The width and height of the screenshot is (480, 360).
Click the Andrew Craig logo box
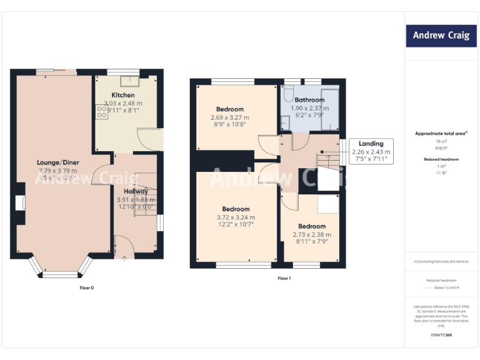pos(441,36)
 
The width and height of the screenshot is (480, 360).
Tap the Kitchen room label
pos(122,95)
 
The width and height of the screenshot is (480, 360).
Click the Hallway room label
pos(135,191)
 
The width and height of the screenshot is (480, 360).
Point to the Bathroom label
pos(309,100)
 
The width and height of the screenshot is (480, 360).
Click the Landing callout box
pos(371,151)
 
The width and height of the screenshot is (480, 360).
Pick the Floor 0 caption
pos(86,288)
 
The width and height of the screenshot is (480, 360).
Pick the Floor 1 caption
pos(284,278)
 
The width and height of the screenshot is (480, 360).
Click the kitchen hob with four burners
pos(101,111)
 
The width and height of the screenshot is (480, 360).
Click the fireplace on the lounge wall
pos(21,203)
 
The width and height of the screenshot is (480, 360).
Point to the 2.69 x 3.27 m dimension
pos(229,117)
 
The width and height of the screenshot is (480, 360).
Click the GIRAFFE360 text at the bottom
pos(441,336)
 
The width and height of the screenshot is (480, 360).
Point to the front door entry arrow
pos(123,257)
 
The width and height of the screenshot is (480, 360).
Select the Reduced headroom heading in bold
pos(441,159)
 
